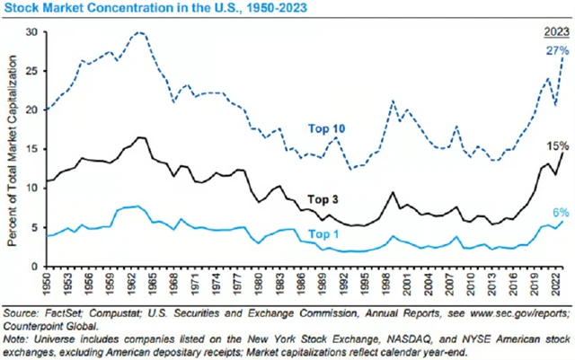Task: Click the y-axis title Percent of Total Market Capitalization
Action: (13, 148)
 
